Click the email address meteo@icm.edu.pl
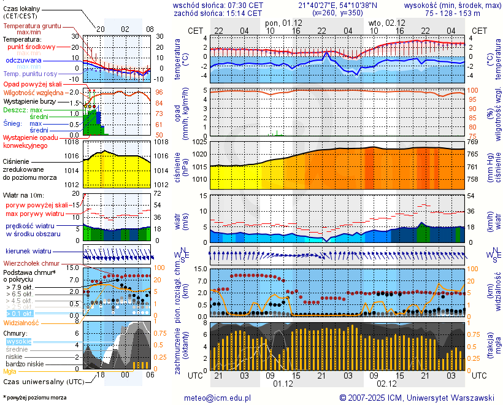[217, 398]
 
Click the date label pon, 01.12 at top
[283, 23]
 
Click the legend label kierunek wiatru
[28, 252]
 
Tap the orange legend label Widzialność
[21, 322]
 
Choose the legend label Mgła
[10, 371]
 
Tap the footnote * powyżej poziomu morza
[34, 398]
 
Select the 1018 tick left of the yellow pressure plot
[72, 142]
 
